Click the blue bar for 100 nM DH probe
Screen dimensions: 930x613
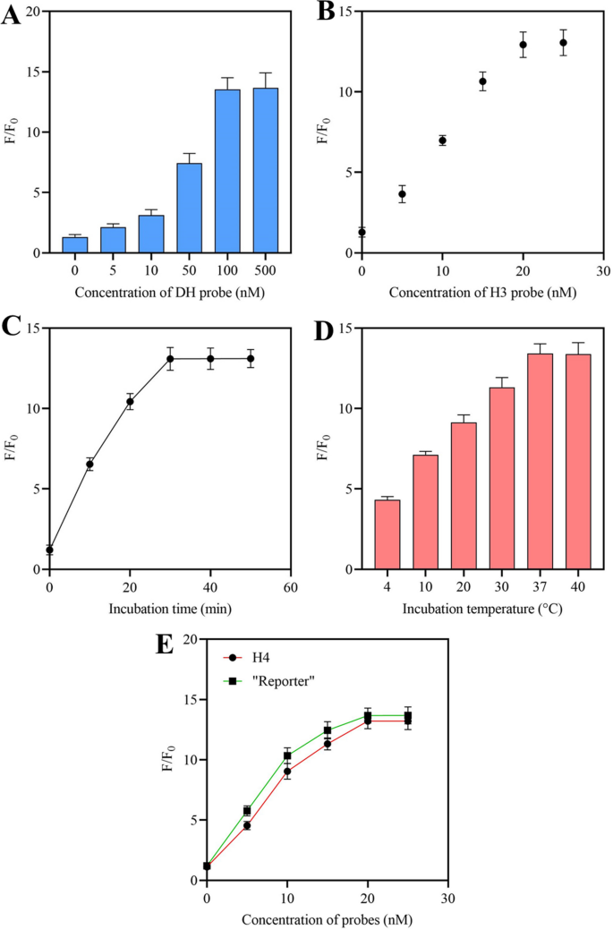click(x=227, y=171)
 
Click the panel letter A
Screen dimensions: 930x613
click(x=13, y=15)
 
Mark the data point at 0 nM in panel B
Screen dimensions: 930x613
click(x=362, y=232)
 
